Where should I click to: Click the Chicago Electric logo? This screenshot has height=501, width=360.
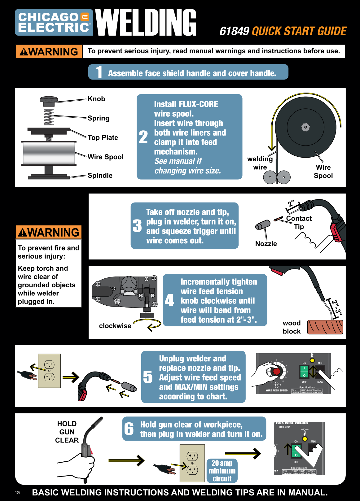tap(54, 22)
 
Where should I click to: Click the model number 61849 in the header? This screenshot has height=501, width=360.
tap(234, 31)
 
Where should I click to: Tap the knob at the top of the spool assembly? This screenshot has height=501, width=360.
tap(49, 99)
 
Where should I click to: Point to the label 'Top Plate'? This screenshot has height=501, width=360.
tap(103, 137)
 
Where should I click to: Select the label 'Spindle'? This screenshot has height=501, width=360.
tap(100, 176)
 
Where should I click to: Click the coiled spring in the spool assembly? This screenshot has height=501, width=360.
tap(49, 117)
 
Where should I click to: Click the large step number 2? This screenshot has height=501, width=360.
tap(143, 137)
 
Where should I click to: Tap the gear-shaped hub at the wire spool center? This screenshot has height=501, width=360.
tap(305, 127)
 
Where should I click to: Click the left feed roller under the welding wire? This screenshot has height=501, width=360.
tap(270, 177)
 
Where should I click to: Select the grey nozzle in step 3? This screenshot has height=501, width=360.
tap(263, 225)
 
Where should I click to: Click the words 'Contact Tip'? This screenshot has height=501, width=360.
tap(299, 222)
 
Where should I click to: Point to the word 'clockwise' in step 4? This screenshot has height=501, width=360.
tap(115, 326)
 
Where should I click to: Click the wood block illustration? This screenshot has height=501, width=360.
tap(325, 327)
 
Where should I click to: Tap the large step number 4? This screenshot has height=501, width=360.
tap(169, 300)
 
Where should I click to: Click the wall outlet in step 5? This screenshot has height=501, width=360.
tap(49, 371)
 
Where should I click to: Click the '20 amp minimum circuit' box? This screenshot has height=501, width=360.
tap(222, 471)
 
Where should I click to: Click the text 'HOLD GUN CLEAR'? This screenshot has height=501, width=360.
tap(67, 432)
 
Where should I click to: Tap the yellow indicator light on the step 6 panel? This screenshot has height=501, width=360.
tap(305, 439)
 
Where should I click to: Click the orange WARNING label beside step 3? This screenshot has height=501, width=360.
tap(49, 232)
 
